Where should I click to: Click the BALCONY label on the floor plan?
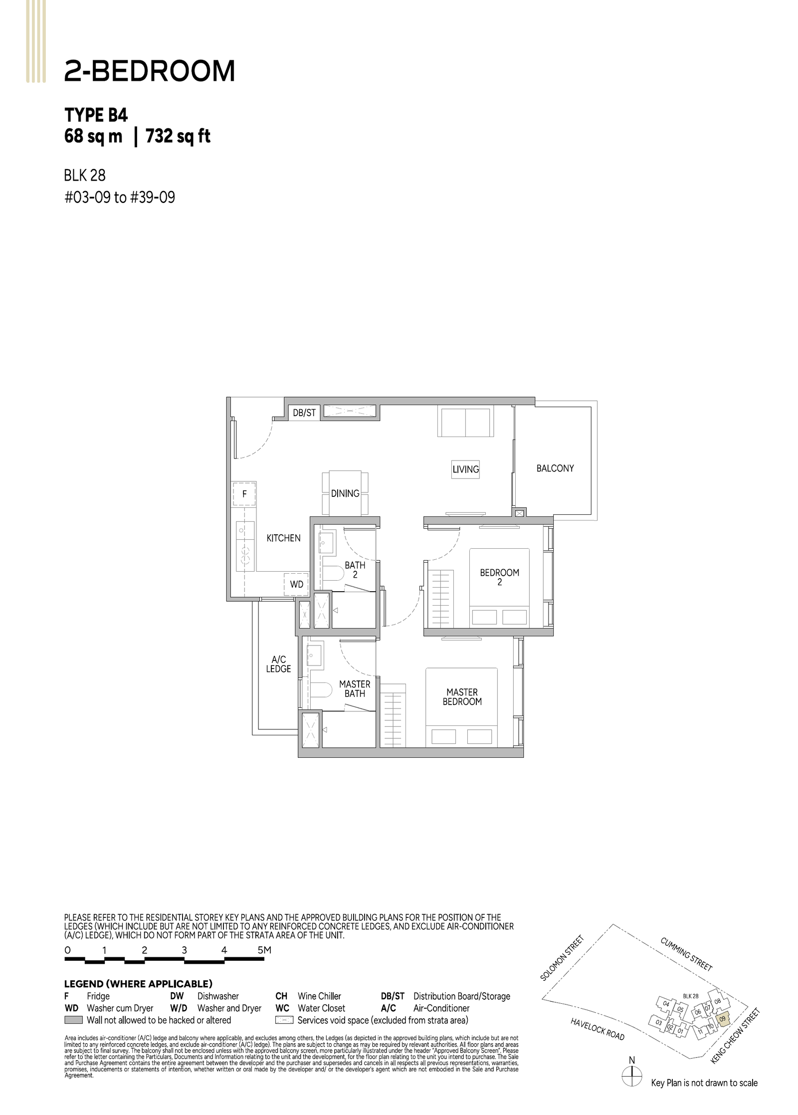pos(555,468)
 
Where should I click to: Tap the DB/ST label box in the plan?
pos(304,413)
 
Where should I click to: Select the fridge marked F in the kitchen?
pos(244,494)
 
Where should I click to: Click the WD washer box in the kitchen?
pos(296,584)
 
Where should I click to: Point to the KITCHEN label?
pos(283,538)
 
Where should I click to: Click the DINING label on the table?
pos(345,493)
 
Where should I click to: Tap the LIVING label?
pos(465,469)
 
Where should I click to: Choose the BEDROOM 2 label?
pos(499,577)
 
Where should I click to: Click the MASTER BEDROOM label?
pos(462,696)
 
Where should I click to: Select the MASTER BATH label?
pos(355,688)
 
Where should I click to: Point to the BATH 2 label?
pos(355,570)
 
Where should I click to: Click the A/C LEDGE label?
pos(278,664)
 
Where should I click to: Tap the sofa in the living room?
pos(465,422)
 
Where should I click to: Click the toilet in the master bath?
pos(321,690)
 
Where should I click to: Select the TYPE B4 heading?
pos(96,115)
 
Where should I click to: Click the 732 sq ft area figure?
pos(178,136)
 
